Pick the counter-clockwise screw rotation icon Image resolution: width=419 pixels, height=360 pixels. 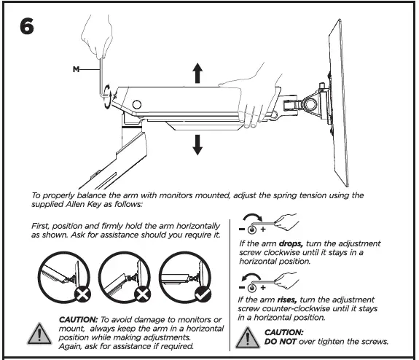click(x=252, y=281)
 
